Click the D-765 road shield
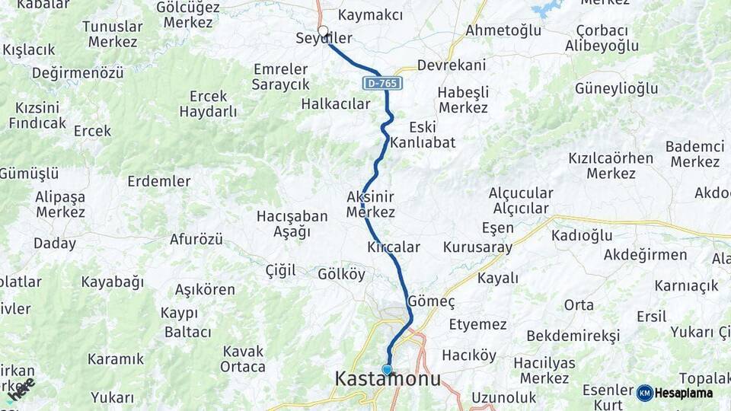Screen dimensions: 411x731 point(381,82)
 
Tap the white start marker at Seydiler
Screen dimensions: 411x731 point(323,32)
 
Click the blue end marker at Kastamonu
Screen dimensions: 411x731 point(387,370)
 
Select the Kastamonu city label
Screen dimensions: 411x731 point(388,379)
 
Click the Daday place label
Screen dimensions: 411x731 point(55,244)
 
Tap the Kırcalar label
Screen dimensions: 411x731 point(394,247)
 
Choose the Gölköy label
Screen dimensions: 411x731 point(341,274)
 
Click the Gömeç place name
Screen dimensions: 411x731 point(432,301)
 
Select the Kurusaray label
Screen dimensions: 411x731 point(477,247)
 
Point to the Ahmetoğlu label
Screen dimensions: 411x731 point(503,30)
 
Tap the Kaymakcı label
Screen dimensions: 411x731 point(370,15)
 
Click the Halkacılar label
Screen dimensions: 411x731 point(336,104)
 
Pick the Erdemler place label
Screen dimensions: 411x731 point(159,181)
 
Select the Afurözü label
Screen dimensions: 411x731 point(196,240)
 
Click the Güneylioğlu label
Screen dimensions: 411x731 point(616,88)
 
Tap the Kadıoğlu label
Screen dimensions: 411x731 point(582,235)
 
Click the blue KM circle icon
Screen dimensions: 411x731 point(645,393)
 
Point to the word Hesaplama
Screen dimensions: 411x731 point(684,393)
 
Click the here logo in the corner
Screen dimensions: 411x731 point(21,388)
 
